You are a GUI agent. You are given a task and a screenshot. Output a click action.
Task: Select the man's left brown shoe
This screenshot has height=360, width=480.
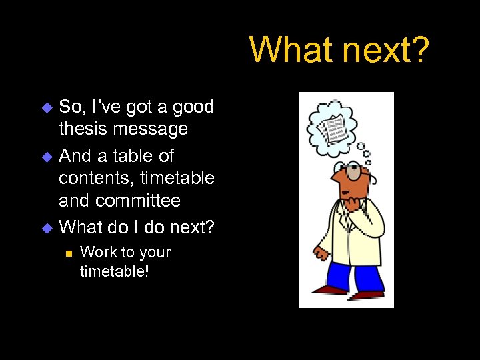[x=330, y=290]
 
